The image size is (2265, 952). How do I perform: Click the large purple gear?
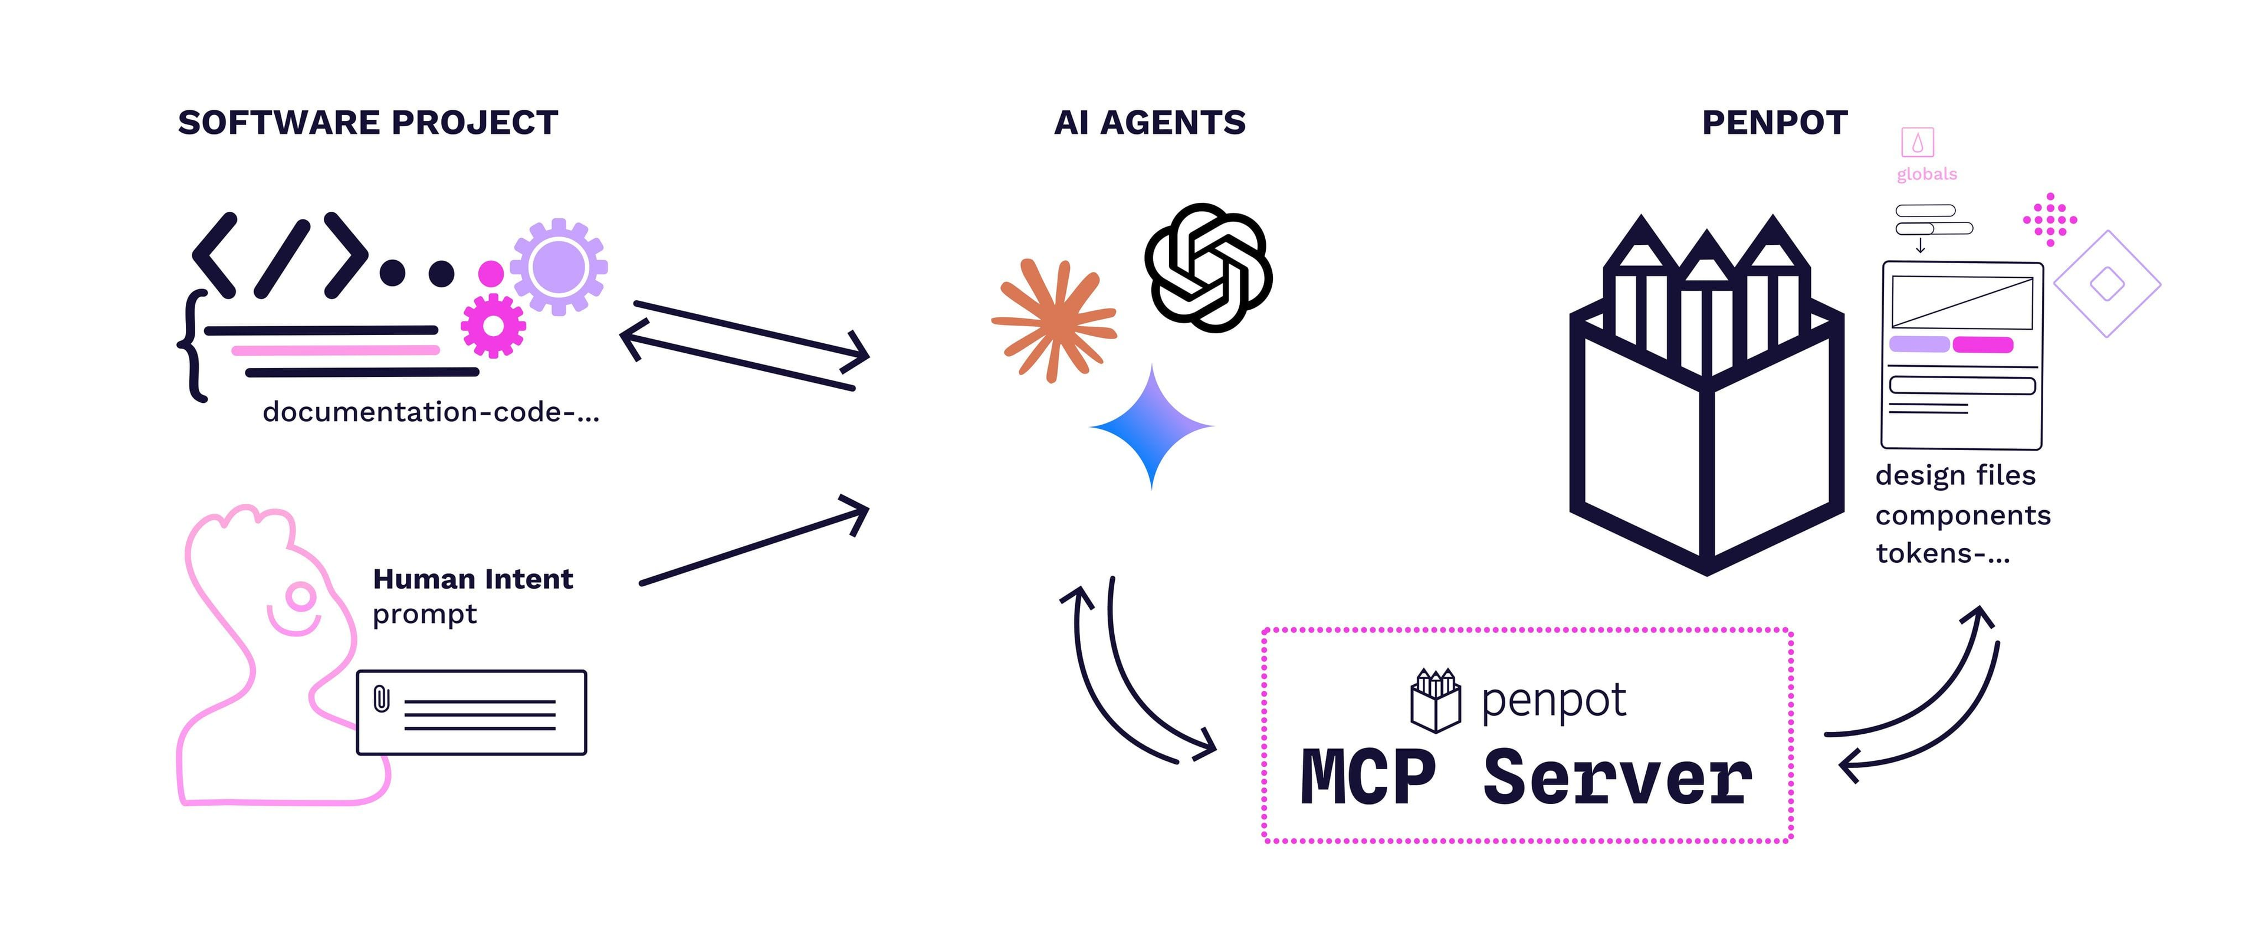[x=559, y=267]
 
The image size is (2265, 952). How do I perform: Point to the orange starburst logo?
[x=1053, y=320]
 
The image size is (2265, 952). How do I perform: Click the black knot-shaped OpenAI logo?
[x=1208, y=267]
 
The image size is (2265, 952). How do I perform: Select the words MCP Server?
[x=1527, y=778]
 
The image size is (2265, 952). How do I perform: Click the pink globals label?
[x=1926, y=174]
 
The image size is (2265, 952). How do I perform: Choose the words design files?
[x=1955, y=475]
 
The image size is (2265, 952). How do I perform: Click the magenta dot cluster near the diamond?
[x=2050, y=219]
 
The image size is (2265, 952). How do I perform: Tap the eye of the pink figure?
[x=301, y=597]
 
